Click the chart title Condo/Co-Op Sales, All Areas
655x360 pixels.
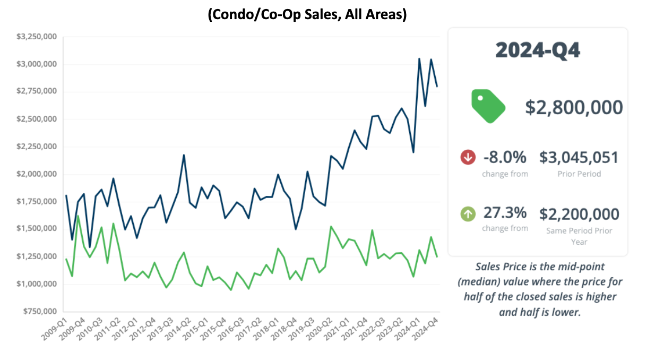(x=307, y=14)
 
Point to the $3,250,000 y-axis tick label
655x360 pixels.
(x=37, y=37)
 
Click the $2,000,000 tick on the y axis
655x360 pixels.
(x=37, y=174)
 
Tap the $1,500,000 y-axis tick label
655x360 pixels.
(x=37, y=229)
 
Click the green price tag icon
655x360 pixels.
(x=488, y=106)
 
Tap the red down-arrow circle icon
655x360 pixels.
(x=468, y=157)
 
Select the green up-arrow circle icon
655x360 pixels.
(x=468, y=214)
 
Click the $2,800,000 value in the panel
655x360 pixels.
(x=574, y=107)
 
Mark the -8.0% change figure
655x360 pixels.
(x=504, y=157)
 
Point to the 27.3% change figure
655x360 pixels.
(x=505, y=213)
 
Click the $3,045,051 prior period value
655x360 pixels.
(x=579, y=157)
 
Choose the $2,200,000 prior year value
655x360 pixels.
(x=579, y=214)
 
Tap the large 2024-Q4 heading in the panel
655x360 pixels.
(x=538, y=50)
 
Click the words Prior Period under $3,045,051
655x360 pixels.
(x=579, y=174)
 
